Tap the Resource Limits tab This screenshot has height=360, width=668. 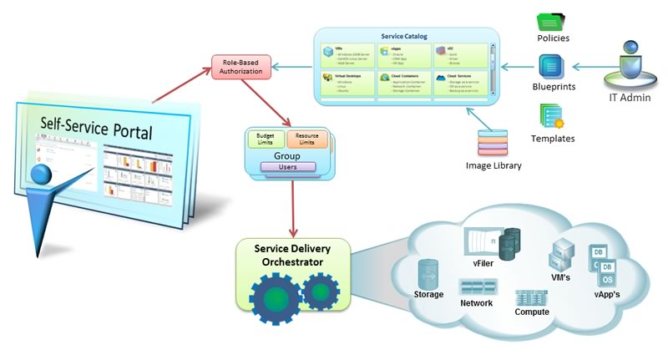point(306,139)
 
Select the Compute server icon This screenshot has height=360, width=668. point(531,297)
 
